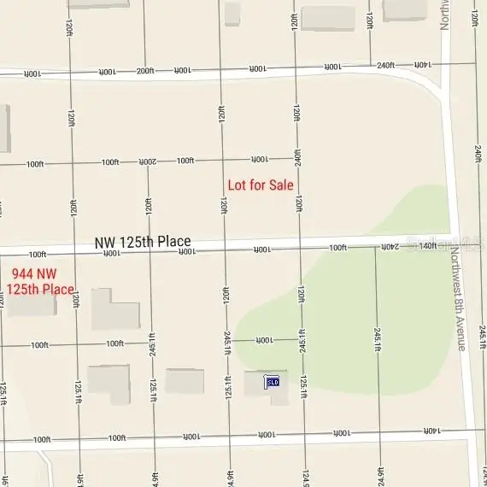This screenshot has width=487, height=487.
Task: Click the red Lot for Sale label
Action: tap(261, 185)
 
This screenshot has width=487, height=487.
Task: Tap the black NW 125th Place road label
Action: tap(143, 243)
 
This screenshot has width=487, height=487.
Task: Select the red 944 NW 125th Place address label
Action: tap(42, 282)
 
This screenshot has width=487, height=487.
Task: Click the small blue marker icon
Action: tap(273, 382)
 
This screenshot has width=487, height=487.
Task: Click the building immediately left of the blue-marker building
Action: tap(185, 381)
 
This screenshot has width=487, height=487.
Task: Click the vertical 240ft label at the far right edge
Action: tap(478, 154)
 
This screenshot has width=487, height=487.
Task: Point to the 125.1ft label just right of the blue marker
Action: tap(303, 386)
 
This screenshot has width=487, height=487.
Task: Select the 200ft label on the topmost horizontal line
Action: tap(145, 72)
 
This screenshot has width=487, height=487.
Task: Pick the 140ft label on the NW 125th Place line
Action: tap(428, 246)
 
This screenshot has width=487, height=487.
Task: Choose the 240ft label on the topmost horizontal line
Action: tap(385, 65)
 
